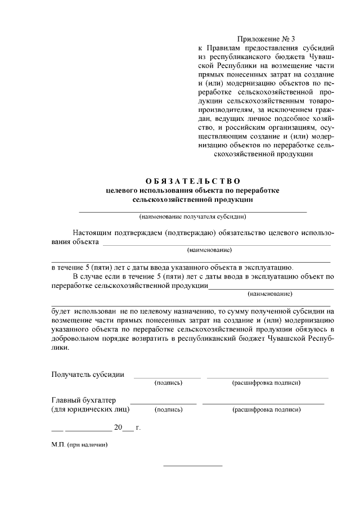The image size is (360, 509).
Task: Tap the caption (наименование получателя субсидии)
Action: (x=193, y=216)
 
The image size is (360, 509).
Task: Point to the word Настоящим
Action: (x=93, y=233)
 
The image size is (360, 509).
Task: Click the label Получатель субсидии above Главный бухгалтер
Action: (x=88, y=374)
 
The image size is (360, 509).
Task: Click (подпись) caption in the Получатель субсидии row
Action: (x=168, y=383)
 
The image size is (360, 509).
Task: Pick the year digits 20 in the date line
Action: (x=118, y=427)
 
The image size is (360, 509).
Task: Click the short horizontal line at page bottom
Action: (x=193, y=466)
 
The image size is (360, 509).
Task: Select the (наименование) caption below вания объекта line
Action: (x=210, y=250)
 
